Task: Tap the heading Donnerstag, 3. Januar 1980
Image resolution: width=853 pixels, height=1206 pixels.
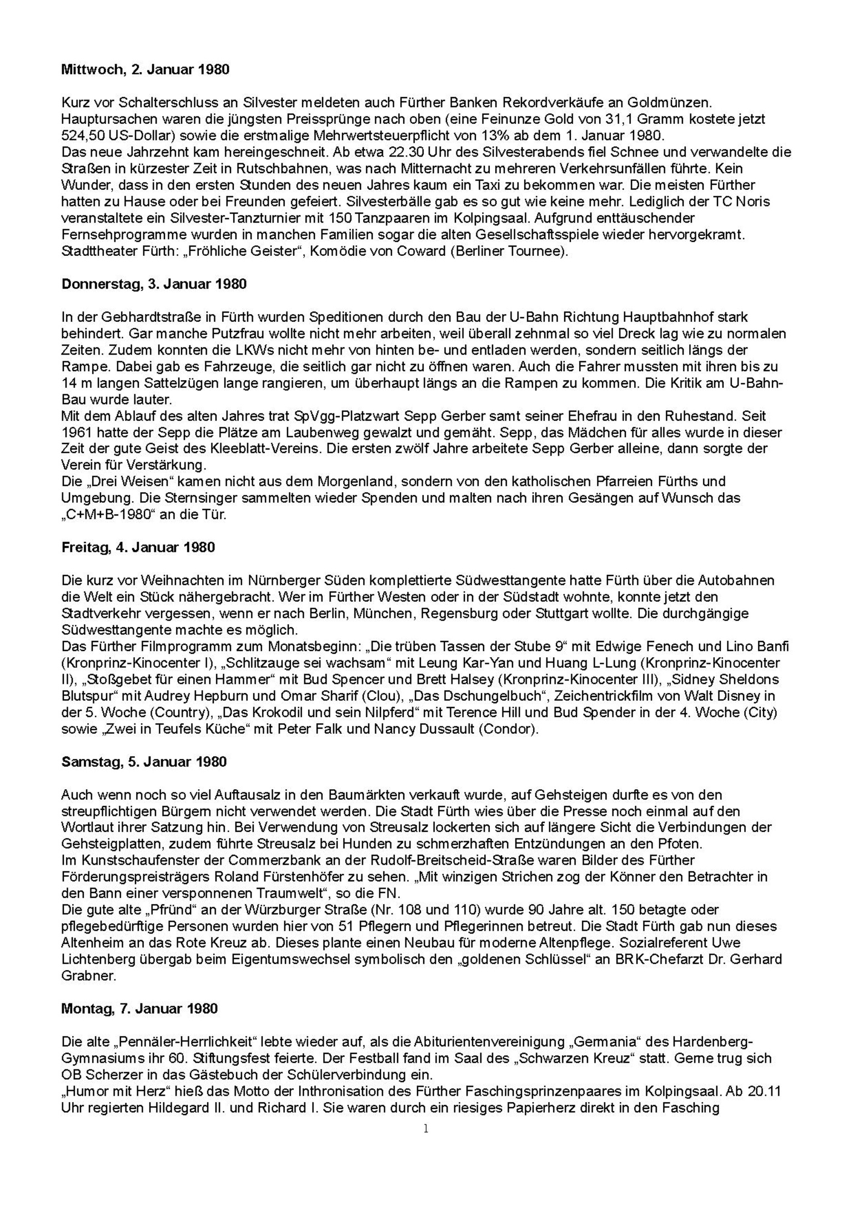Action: (154, 284)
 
